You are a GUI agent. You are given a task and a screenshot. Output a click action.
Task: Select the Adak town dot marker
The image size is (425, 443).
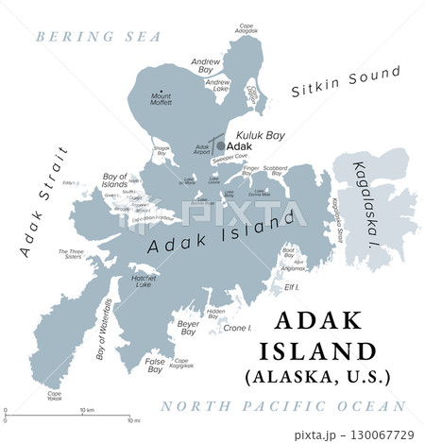click(x=220, y=146)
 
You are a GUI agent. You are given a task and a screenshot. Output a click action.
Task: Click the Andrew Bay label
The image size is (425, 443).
click(x=205, y=64)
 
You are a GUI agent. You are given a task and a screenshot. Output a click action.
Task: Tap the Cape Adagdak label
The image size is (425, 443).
click(x=246, y=29)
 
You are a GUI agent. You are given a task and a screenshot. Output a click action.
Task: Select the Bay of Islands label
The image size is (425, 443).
click(x=114, y=179)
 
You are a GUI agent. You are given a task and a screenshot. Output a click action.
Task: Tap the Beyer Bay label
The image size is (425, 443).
click(x=189, y=328)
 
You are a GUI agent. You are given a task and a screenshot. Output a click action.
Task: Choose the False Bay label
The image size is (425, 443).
click(x=154, y=365)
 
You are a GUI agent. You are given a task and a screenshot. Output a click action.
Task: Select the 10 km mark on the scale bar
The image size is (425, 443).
click(x=86, y=411)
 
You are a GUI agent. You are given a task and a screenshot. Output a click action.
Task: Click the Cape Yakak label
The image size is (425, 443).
click(x=55, y=397)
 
